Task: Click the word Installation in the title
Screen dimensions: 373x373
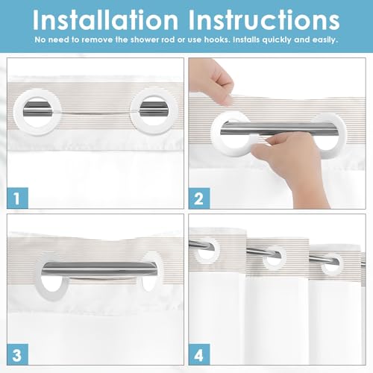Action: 105,20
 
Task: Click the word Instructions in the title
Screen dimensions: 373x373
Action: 264,20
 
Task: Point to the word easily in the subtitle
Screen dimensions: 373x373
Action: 325,40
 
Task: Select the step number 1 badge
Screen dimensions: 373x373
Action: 18,198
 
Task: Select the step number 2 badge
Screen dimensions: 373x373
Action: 199,198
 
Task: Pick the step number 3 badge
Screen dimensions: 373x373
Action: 18,354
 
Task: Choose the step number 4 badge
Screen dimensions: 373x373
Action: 199,354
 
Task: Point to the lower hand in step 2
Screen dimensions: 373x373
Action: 291,162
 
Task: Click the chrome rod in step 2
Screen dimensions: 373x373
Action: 279,128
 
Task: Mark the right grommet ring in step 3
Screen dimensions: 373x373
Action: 159,259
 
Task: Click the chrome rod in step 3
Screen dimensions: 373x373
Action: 99,269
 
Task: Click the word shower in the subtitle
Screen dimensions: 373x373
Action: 145,40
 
